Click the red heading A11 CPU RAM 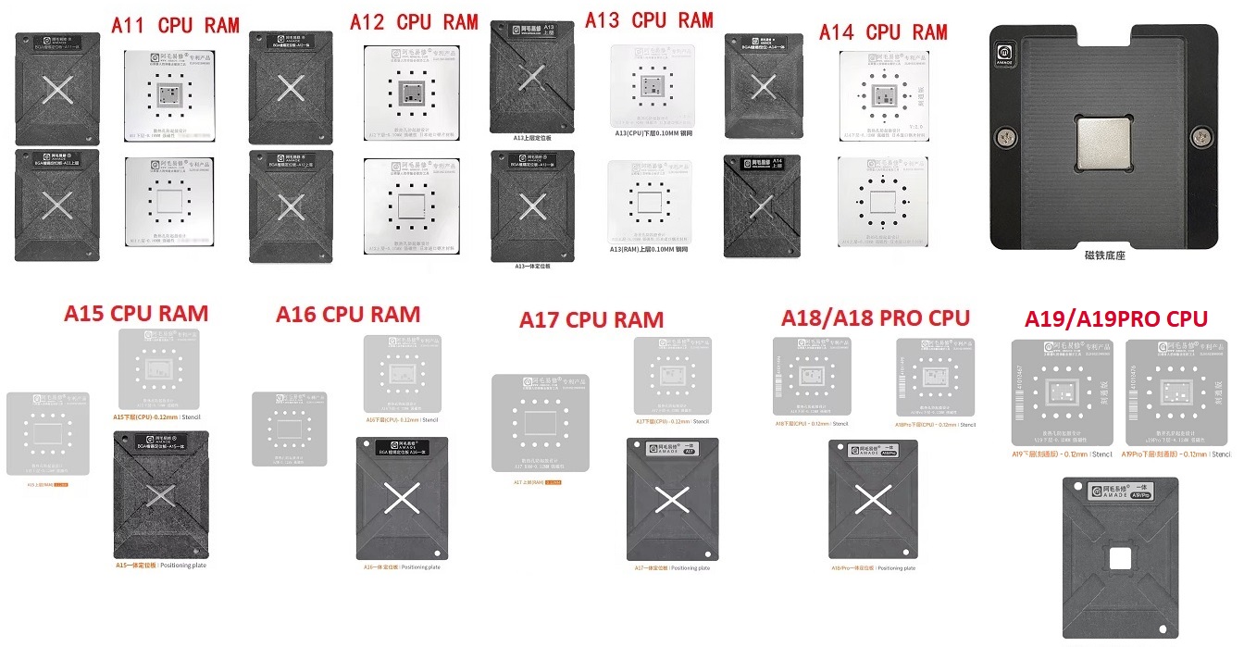[x=175, y=25]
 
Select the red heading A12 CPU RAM [x=414, y=21]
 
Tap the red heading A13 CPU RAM [x=649, y=19]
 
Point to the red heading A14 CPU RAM [x=883, y=31]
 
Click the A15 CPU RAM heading [x=136, y=313]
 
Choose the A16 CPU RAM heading [x=348, y=314]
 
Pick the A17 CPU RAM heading [x=591, y=320]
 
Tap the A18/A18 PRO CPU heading [x=876, y=318]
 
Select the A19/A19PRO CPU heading [x=1115, y=319]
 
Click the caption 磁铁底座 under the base [x=1105, y=255]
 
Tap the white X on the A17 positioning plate [x=673, y=500]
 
